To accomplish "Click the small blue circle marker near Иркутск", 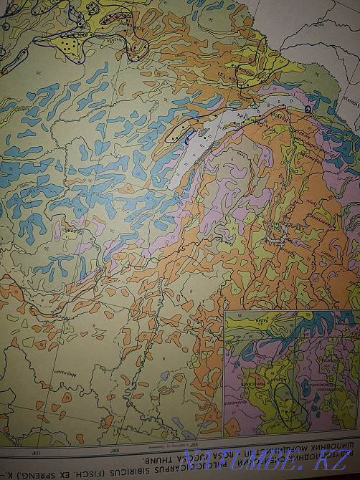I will (x=308, y=109).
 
